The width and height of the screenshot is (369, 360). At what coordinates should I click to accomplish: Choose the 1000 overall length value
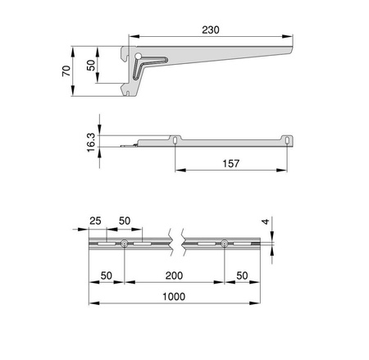tap(173, 296)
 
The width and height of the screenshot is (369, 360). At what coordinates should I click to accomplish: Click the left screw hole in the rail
tap(122, 244)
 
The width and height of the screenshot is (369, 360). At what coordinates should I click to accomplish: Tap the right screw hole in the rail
tap(224, 244)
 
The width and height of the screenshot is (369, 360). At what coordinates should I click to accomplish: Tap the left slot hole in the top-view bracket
tap(175, 141)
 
